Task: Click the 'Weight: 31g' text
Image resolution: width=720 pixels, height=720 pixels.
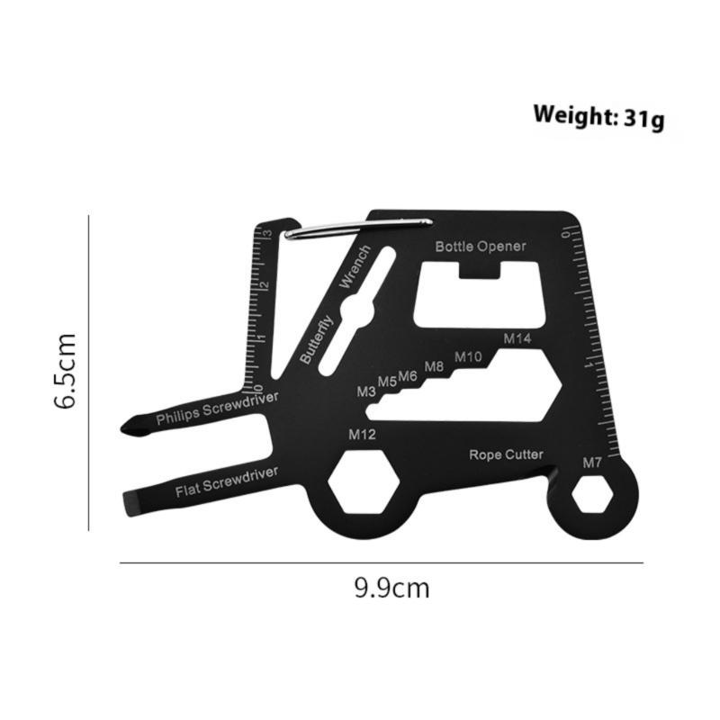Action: (x=598, y=116)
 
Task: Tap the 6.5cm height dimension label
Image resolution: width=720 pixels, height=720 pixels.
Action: (x=66, y=371)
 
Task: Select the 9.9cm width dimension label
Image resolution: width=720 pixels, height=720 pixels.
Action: (x=391, y=589)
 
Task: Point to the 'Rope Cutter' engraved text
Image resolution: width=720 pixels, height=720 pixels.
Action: (x=506, y=454)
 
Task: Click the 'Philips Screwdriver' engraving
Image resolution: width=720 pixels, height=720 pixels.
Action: (x=217, y=408)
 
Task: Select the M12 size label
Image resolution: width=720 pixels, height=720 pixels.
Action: (x=362, y=434)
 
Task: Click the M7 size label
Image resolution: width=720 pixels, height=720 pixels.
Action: (x=591, y=463)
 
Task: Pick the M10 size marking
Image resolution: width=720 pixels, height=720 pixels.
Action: (x=468, y=356)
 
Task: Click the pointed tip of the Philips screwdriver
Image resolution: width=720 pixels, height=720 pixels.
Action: (x=126, y=427)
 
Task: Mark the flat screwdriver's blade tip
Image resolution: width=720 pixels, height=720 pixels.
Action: (x=125, y=502)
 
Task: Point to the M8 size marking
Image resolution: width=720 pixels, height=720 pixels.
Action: (x=434, y=366)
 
